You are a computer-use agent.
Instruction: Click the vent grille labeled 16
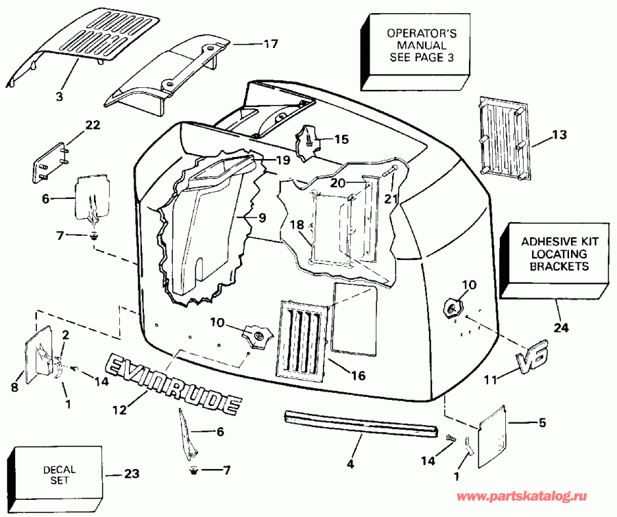302,339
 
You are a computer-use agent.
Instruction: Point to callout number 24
561,328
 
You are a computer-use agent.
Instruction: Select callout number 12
119,411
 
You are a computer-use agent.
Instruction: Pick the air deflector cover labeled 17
165,75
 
